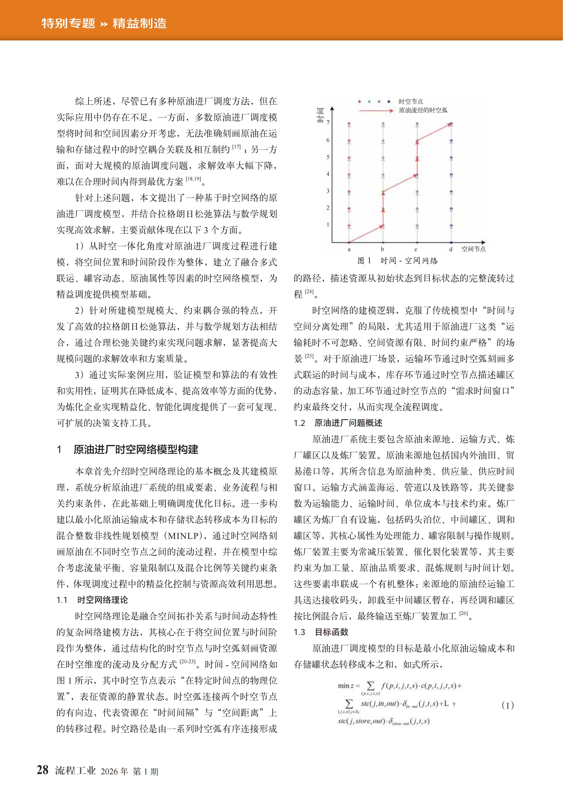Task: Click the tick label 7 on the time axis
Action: (328, 122)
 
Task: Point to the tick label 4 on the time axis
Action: (328, 174)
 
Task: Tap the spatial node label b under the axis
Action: (382, 249)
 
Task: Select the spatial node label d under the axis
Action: (451, 249)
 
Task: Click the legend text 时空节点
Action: (411, 101)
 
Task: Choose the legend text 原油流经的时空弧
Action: (423, 110)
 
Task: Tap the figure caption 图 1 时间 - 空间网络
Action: (398, 261)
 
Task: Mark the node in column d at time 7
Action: (451, 124)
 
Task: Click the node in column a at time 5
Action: (349, 158)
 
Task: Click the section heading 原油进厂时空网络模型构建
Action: (136, 450)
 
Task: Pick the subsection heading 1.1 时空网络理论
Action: (92, 600)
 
